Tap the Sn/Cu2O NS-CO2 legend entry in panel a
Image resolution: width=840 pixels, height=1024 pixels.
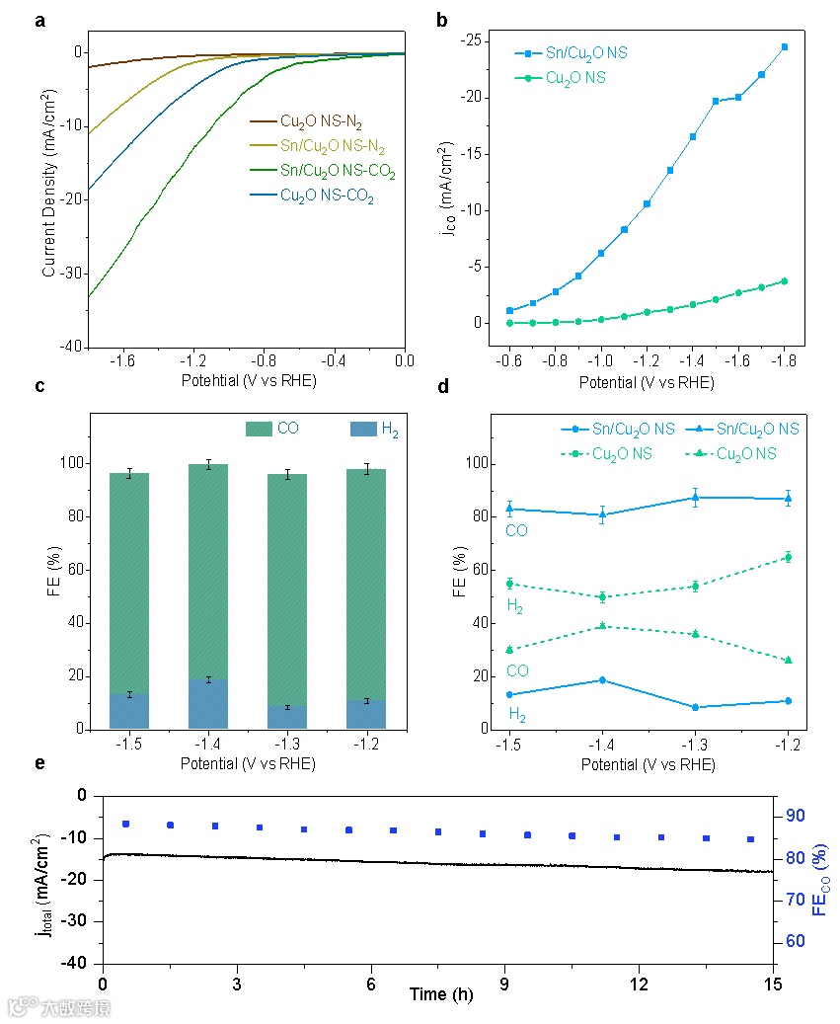(322, 172)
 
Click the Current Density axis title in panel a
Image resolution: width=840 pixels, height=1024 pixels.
(48, 187)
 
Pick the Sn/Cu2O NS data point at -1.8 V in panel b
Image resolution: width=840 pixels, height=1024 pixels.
(785, 46)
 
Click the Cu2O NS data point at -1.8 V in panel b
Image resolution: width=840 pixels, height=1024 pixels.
(785, 281)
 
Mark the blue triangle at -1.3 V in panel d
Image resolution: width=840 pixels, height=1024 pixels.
(695, 498)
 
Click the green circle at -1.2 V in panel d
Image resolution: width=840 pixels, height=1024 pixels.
(788, 557)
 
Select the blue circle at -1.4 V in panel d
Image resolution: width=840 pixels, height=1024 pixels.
(602, 680)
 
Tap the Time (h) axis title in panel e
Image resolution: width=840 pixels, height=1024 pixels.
(441, 994)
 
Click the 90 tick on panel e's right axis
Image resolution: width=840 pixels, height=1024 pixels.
(795, 816)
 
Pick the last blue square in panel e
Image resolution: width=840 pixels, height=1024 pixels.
(750, 839)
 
